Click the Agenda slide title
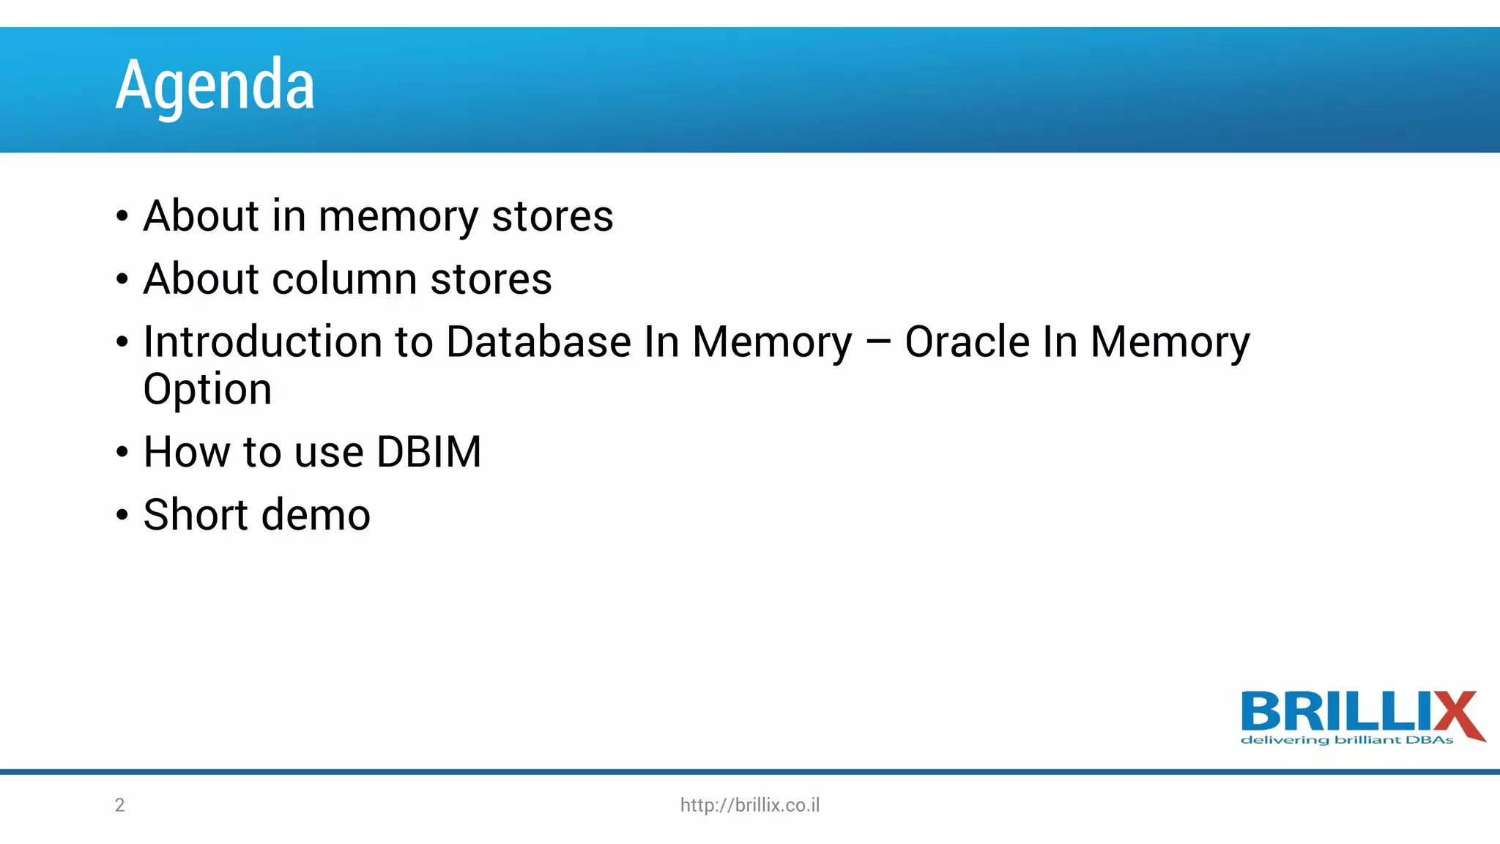coord(215,85)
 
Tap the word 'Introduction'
coord(263,342)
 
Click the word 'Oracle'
coord(967,342)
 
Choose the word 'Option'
coord(207,389)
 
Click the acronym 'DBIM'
coord(428,452)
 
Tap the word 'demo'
coord(316,514)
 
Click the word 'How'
coord(187,452)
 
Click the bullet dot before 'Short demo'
coord(122,515)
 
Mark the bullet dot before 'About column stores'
coord(122,280)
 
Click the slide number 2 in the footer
coord(120,805)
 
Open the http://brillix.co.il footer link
coord(750,805)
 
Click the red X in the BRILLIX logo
coord(1458,714)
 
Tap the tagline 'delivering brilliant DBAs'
coord(1346,740)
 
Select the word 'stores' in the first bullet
coord(552,217)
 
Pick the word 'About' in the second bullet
coord(201,279)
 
